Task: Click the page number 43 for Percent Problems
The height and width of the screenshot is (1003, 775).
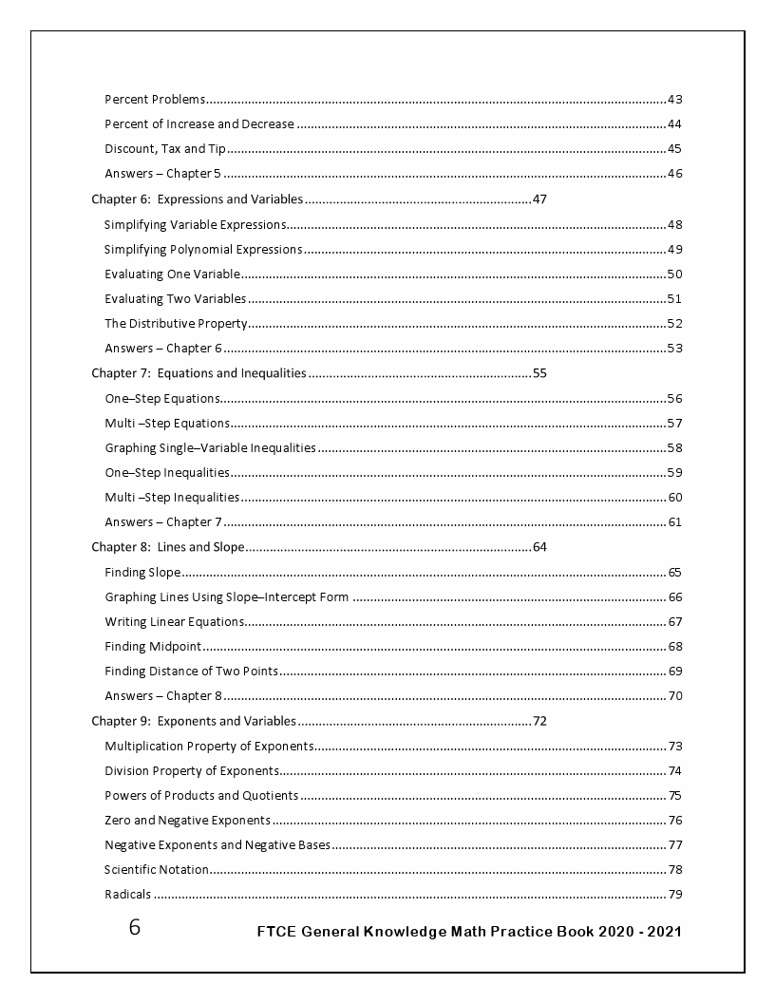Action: [x=675, y=100]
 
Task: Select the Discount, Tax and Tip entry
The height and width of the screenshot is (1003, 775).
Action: [x=165, y=149]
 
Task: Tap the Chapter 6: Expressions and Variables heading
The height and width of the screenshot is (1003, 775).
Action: [x=198, y=199]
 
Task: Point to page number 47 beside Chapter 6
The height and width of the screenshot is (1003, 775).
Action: [x=540, y=199]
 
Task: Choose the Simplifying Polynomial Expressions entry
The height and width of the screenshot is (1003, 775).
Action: [x=203, y=250]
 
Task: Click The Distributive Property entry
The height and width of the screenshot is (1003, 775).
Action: [x=176, y=324]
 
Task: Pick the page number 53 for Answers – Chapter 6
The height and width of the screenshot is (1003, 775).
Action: [x=675, y=349]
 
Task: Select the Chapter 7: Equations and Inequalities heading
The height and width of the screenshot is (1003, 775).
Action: [x=198, y=373]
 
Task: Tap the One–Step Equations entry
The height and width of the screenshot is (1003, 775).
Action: [x=162, y=399]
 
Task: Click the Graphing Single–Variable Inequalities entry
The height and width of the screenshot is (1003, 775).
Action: [x=210, y=448]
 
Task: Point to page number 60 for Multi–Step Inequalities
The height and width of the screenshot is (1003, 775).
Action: [x=675, y=498]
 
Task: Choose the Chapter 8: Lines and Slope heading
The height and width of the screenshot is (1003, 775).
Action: [x=168, y=547]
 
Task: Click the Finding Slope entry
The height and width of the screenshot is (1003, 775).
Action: [x=142, y=573]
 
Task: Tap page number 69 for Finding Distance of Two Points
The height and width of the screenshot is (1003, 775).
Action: [x=675, y=672]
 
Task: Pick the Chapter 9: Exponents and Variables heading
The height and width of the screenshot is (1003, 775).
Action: [x=194, y=721]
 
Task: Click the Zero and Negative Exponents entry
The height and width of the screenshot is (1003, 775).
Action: [x=187, y=821]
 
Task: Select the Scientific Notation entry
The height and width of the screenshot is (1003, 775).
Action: [x=156, y=870]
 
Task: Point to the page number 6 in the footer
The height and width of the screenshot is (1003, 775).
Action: [x=135, y=928]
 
